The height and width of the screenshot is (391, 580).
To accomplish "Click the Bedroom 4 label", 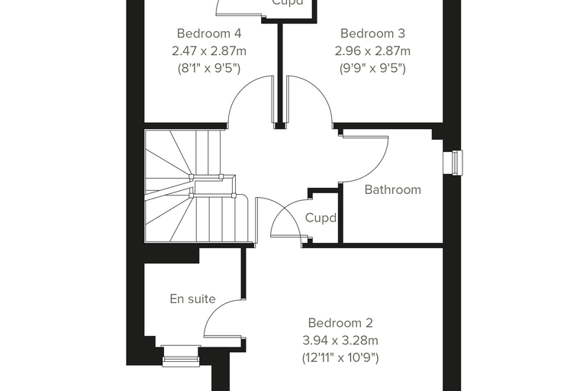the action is pos(209,34).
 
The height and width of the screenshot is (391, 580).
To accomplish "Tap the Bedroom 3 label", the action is pos(372,34).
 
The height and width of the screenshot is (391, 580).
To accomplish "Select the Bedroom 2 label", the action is pos(340,323).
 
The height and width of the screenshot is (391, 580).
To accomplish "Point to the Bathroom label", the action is pos(393,189).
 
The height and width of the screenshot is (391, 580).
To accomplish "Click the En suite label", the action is pos(193,299).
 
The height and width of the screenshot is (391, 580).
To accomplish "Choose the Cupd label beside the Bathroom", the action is pos(321,218).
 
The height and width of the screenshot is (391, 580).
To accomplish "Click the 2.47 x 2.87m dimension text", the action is pos(209,50).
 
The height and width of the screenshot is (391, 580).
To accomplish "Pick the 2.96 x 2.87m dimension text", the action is pos(372,50).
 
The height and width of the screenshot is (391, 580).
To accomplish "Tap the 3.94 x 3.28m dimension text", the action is pos(340,340).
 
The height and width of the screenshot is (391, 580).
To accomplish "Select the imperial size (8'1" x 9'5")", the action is pos(209,68).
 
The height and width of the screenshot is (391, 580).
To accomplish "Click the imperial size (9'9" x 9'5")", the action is pos(372,68).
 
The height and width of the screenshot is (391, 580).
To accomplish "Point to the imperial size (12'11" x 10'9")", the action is pos(340,357).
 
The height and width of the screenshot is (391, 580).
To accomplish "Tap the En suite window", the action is pos(181,356).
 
